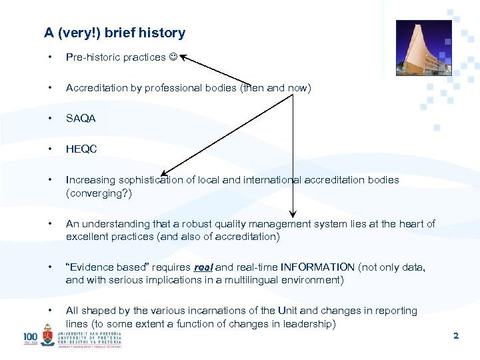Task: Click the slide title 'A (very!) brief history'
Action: (x=115, y=33)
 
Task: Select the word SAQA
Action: (x=81, y=119)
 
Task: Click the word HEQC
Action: (x=81, y=149)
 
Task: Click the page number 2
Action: (x=456, y=336)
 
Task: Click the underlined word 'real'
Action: (x=203, y=267)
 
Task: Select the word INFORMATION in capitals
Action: (x=318, y=267)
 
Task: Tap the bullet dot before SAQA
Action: (x=49, y=119)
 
